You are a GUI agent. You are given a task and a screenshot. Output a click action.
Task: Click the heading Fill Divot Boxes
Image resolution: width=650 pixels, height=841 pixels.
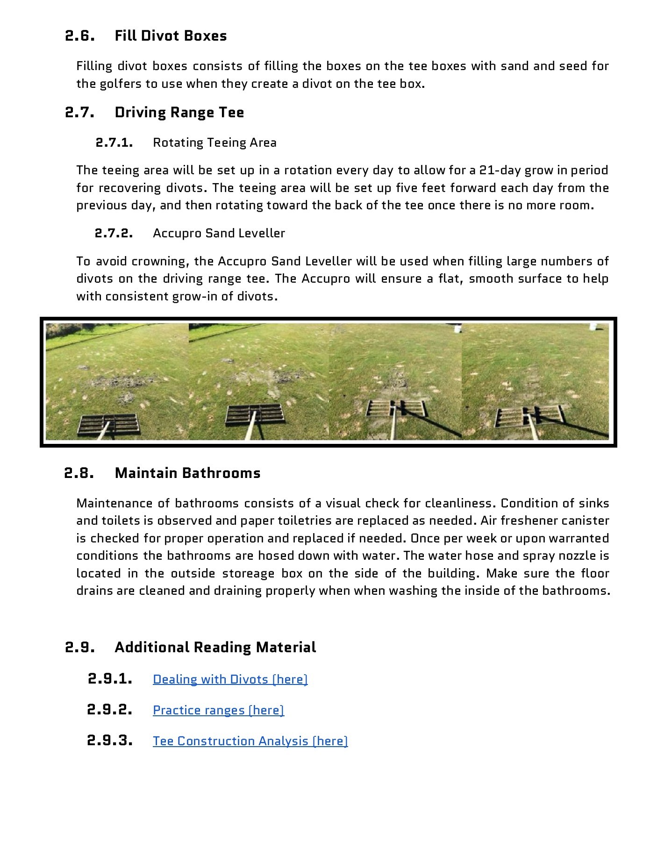tap(171, 36)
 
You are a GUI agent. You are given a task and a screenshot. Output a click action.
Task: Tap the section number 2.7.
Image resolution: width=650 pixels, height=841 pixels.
tap(80, 113)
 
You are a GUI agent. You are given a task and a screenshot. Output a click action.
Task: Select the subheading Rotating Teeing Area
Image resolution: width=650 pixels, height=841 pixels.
tap(214, 143)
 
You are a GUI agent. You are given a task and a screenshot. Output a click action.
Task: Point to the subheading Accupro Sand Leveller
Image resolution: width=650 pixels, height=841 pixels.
tap(219, 233)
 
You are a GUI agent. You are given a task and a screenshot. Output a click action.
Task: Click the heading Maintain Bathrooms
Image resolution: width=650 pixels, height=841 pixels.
tap(187, 473)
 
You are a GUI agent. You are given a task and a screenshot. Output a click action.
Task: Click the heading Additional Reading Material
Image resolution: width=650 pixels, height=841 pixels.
tap(215, 648)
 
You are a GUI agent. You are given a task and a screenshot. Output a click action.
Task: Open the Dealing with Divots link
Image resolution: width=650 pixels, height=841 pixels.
tap(230, 679)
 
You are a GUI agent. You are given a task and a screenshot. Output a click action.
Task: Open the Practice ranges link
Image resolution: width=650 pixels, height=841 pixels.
tap(218, 710)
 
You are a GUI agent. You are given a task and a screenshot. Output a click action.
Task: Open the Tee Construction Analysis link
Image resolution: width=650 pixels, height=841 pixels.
tap(250, 741)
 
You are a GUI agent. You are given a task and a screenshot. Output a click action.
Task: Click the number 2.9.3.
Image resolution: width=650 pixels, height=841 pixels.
tap(110, 741)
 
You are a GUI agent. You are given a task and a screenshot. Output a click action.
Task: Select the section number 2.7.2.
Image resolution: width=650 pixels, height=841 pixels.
tap(114, 233)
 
